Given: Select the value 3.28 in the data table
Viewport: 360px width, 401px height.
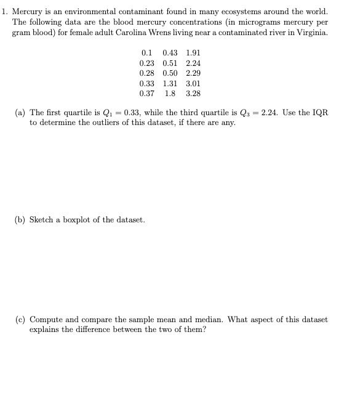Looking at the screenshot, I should (x=193, y=94).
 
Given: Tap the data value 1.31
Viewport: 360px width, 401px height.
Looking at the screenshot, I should (x=170, y=84).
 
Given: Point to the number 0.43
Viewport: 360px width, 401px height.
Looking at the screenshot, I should (x=170, y=54).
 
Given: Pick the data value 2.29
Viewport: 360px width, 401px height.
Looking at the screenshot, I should (x=193, y=74).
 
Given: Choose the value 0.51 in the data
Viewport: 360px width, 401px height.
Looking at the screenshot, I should (x=170, y=63).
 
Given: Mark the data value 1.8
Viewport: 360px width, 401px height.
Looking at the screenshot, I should (x=170, y=94).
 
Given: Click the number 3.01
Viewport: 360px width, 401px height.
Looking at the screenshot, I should (x=193, y=84).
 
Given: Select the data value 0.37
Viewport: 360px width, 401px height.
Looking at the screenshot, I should (x=147, y=94).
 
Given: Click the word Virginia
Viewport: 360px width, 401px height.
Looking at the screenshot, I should (x=313, y=31).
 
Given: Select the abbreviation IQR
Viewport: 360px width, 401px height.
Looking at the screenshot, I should (x=320, y=113).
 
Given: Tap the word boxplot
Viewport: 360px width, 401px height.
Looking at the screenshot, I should (x=76, y=220).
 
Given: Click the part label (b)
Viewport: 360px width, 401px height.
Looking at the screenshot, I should (x=20, y=220).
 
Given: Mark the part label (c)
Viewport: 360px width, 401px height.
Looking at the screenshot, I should (x=20, y=320).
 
